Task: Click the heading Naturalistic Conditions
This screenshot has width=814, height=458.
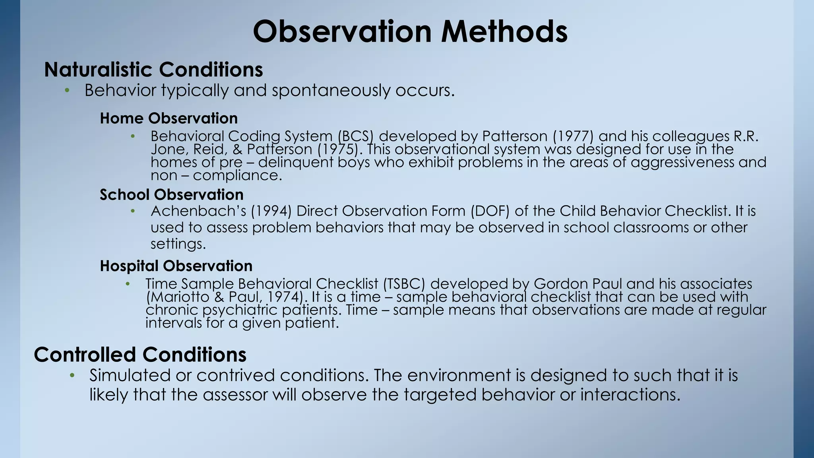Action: point(153,70)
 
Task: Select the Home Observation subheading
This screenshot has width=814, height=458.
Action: point(169,118)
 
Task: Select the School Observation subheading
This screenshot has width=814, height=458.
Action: point(171,195)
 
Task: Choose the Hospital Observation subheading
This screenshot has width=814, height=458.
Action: point(176,266)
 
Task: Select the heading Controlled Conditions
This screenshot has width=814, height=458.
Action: point(140,355)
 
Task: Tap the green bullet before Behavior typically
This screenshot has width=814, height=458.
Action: point(67,91)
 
